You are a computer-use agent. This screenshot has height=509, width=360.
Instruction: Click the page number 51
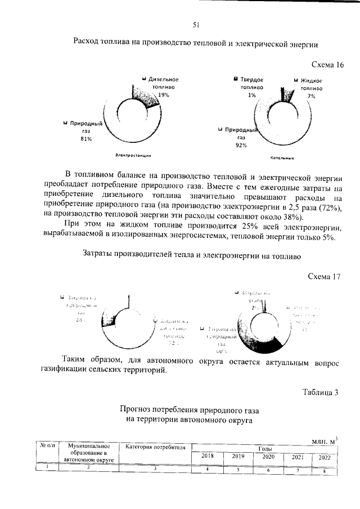[x=196, y=24]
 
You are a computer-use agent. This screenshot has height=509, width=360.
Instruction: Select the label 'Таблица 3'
[x=321, y=392]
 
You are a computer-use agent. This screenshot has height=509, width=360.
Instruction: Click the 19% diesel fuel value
[x=164, y=95]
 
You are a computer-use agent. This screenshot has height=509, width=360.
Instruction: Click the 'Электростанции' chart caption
[x=135, y=155]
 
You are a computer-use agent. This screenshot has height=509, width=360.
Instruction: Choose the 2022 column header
[x=325, y=457]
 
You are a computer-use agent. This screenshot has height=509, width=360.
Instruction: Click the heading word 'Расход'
[x=88, y=42]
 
